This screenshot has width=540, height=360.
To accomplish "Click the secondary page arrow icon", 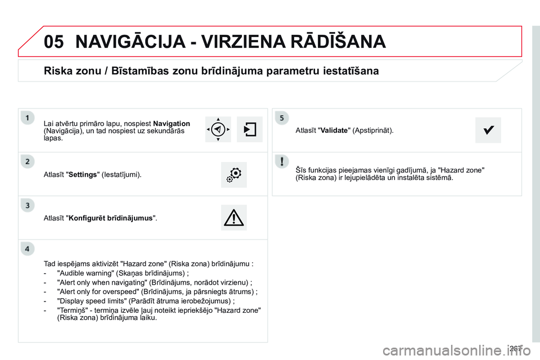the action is click(250, 130).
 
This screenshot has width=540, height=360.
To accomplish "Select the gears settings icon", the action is click(234, 174).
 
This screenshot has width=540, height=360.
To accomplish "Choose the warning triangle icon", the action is click(234, 217).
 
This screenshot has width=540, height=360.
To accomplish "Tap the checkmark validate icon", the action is click(488, 130).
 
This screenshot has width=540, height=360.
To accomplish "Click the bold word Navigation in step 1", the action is click(172, 123).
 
